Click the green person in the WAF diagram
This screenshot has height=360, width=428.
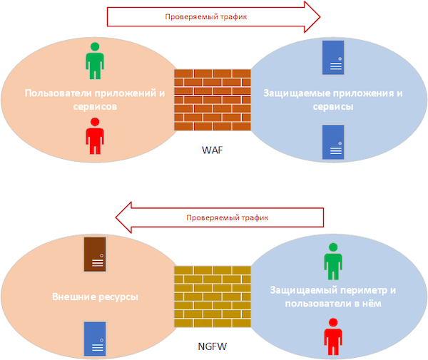click(x=94, y=60)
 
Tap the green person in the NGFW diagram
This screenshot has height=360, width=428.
click(x=333, y=261)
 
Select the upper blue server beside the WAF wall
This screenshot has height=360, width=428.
click(x=332, y=57)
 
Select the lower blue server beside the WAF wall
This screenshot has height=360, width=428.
click(x=332, y=142)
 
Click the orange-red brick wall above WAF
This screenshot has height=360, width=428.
click(x=213, y=100)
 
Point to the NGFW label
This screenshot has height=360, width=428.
click(x=213, y=349)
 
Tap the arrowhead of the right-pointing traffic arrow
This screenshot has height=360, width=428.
click(x=311, y=16)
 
